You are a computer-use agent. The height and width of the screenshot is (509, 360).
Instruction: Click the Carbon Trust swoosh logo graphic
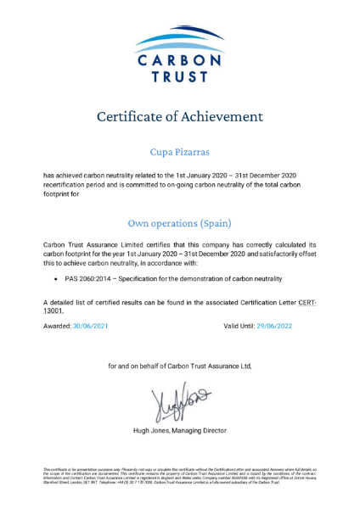[x=179, y=37]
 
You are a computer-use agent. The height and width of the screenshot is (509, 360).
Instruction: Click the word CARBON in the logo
[x=179, y=61]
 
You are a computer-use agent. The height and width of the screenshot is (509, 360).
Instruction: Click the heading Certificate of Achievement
[x=179, y=116]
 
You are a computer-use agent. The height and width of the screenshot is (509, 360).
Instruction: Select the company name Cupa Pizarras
[x=179, y=152]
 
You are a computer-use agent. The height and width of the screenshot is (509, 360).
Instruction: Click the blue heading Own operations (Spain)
[x=179, y=223]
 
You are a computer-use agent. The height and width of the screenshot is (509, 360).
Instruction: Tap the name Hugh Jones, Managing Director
[x=179, y=430]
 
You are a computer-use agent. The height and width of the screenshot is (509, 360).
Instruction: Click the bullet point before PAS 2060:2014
[x=56, y=278]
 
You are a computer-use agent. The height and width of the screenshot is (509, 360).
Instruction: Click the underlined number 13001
[x=56, y=310]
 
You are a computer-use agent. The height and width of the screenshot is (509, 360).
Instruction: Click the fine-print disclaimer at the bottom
[x=179, y=474]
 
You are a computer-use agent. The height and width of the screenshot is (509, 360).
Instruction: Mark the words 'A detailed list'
[x=68, y=302]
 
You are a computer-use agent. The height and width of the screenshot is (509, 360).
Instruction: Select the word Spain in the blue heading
[x=214, y=223]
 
